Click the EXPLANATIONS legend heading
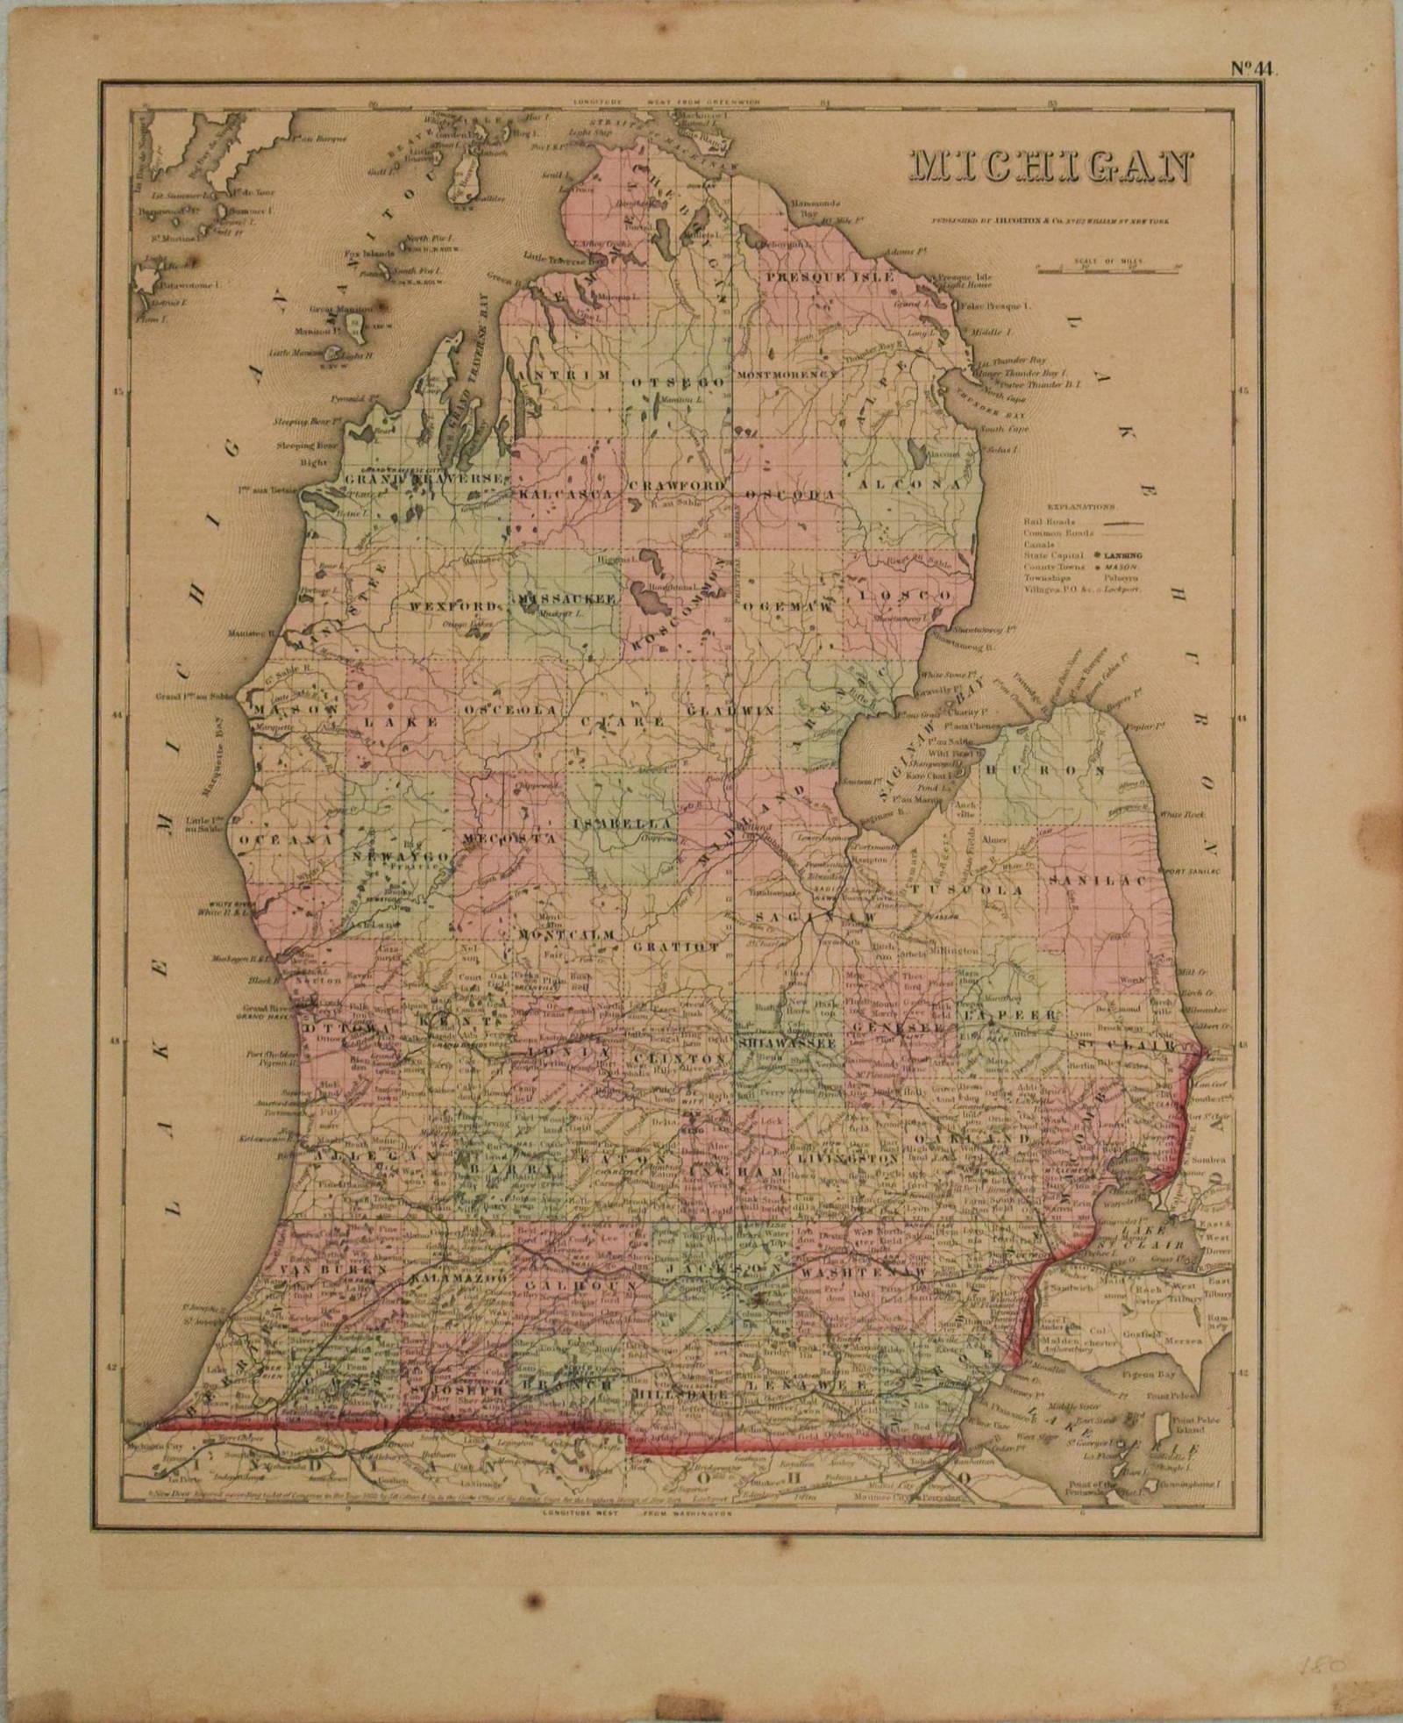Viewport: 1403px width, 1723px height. [x=1080, y=506]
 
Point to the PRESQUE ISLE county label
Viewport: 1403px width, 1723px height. [x=829, y=277]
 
